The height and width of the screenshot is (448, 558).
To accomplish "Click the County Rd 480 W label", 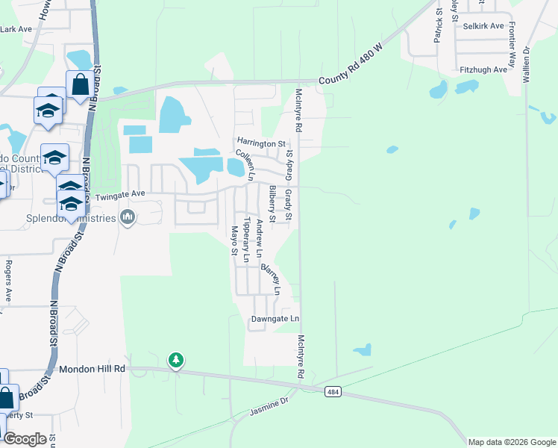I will (350, 74).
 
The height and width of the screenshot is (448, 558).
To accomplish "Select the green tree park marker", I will (176, 361).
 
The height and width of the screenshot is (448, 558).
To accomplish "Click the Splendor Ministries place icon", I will (127, 217).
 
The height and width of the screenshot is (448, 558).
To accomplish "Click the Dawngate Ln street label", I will (275, 320).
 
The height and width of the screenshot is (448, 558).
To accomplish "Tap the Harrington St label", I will (261, 142).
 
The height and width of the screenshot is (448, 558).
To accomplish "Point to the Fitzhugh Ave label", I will (483, 69).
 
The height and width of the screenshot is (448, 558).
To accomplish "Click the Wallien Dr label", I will (527, 66).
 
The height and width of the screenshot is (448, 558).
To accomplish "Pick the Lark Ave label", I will (16, 29).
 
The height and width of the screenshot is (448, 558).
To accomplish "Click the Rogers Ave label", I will (8, 281).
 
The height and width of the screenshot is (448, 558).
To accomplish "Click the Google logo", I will (25, 439).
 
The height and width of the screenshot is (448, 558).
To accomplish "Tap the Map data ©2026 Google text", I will (511, 442).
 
